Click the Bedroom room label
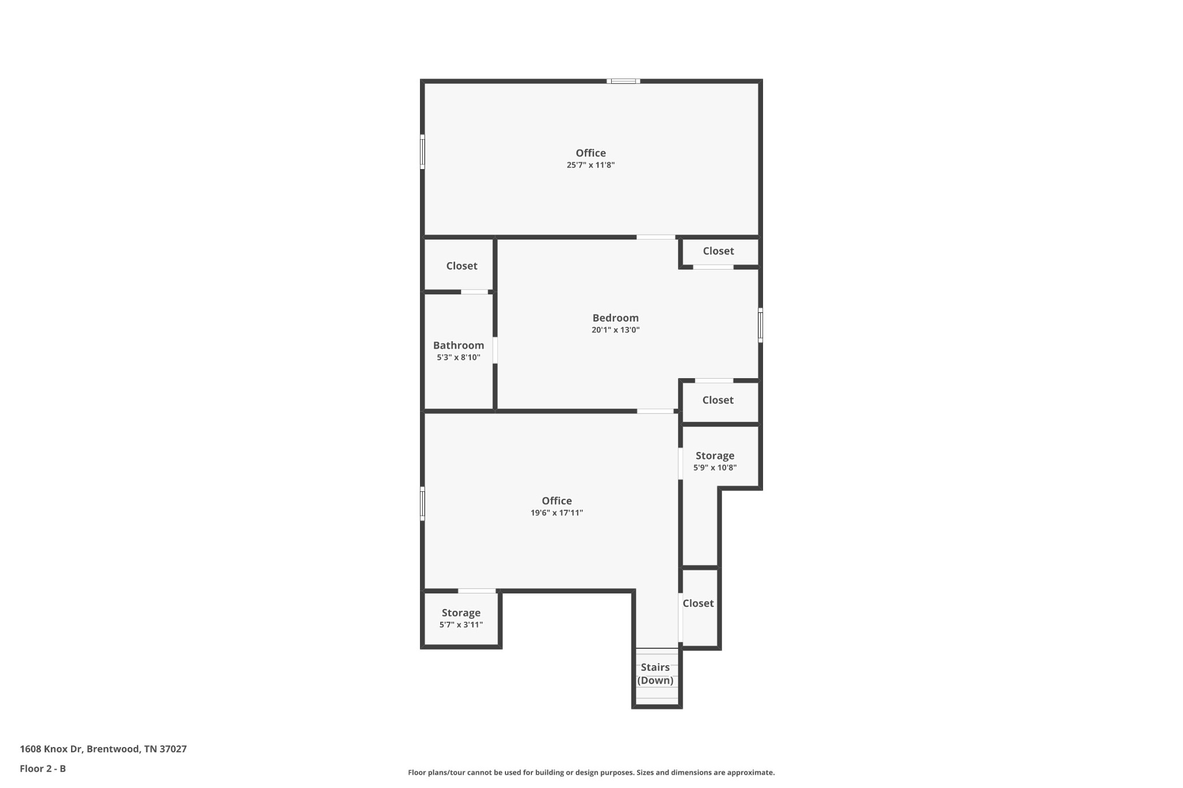coord(615,318)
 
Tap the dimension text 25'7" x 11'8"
coord(590,165)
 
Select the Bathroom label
coord(459,345)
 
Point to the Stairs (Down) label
coord(655,674)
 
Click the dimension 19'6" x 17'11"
coord(557,513)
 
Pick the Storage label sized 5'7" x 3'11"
coord(461,613)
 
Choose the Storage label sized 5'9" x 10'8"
coord(715,455)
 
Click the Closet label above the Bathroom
coord(462,266)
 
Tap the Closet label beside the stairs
coord(698,603)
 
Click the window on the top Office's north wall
coord(623,81)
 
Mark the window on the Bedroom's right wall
coord(760,325)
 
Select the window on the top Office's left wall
coord(422,152)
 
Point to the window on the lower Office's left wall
coord(422,504)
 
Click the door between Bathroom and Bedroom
coord(495,350)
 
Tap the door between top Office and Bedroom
coord(656,237)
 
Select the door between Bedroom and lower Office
coord(655,411)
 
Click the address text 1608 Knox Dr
coord(51,749)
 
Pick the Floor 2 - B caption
coord(43,768)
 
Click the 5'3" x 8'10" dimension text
coord(459,357)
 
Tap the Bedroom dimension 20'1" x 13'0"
coord(616,330)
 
